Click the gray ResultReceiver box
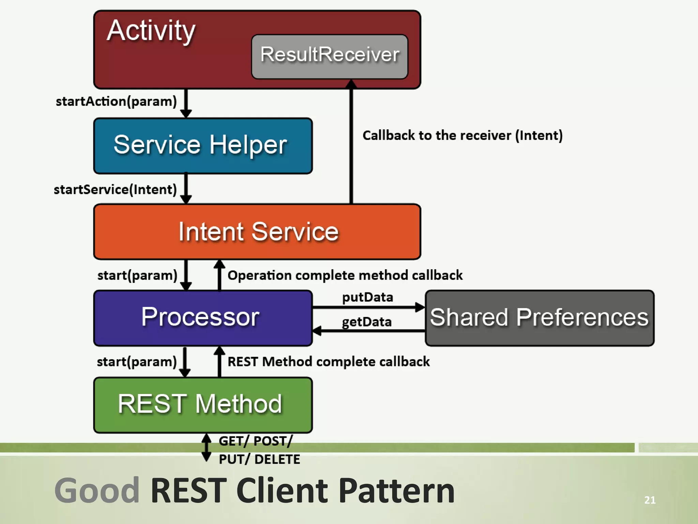(330, 56)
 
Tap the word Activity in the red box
(151, 31)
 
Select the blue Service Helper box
(203, 146)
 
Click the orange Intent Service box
(257, 232)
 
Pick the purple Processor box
(203, 318)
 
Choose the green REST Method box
(203, 405)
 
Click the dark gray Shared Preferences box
(540, 318)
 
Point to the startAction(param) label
(116, 101)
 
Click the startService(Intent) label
(115, 189)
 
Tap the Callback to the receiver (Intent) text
(462, 135)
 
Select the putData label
(367, 297)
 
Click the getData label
(367, 322)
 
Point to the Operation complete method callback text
(345, 275)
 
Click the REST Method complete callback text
(329, 362)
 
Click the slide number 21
(650, 500)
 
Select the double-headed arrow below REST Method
(206, 447)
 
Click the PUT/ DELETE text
(259, 459)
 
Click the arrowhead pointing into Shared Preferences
(420, 307)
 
